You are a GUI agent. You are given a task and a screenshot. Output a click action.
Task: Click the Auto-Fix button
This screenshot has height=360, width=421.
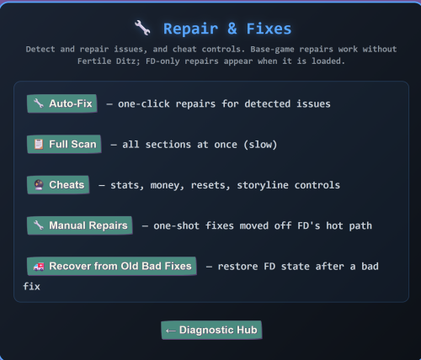point(62,103)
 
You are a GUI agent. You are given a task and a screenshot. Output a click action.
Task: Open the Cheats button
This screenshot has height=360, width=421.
point(58,185)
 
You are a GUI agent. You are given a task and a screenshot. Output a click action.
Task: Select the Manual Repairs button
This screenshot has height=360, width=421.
point(80,225)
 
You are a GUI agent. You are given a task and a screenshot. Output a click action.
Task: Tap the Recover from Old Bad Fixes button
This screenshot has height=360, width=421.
point(112,266)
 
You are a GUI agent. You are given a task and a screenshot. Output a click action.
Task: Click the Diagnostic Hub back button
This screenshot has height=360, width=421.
point(211,330)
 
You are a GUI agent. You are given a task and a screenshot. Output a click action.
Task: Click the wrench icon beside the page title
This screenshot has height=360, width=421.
point(142,28)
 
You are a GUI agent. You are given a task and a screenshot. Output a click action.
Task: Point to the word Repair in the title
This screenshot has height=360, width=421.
point(190,29)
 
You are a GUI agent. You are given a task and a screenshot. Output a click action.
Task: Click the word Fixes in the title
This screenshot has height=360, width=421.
point(269,29)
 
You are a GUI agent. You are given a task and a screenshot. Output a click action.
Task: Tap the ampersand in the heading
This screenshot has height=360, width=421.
point(232,29)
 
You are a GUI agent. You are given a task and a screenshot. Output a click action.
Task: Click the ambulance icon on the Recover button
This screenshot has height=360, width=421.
point(39,267)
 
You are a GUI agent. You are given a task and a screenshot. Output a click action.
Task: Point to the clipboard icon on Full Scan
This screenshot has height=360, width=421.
point(39,144)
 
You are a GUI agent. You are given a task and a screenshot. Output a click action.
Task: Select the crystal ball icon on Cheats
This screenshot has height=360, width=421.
point(39,185)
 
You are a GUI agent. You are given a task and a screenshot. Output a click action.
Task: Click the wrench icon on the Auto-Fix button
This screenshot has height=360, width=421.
point(39,103)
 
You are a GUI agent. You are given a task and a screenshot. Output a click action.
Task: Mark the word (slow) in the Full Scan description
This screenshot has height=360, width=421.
point(260,145)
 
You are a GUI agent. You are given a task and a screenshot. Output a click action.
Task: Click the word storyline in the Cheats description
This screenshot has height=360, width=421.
point(263,185)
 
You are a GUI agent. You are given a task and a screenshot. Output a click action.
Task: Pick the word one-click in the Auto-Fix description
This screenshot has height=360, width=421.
point(144,104)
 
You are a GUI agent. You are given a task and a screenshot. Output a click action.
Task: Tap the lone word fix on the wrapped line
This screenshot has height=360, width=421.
point(31,287)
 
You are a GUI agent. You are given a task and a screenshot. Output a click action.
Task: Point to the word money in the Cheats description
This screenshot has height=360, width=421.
point(167,185)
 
